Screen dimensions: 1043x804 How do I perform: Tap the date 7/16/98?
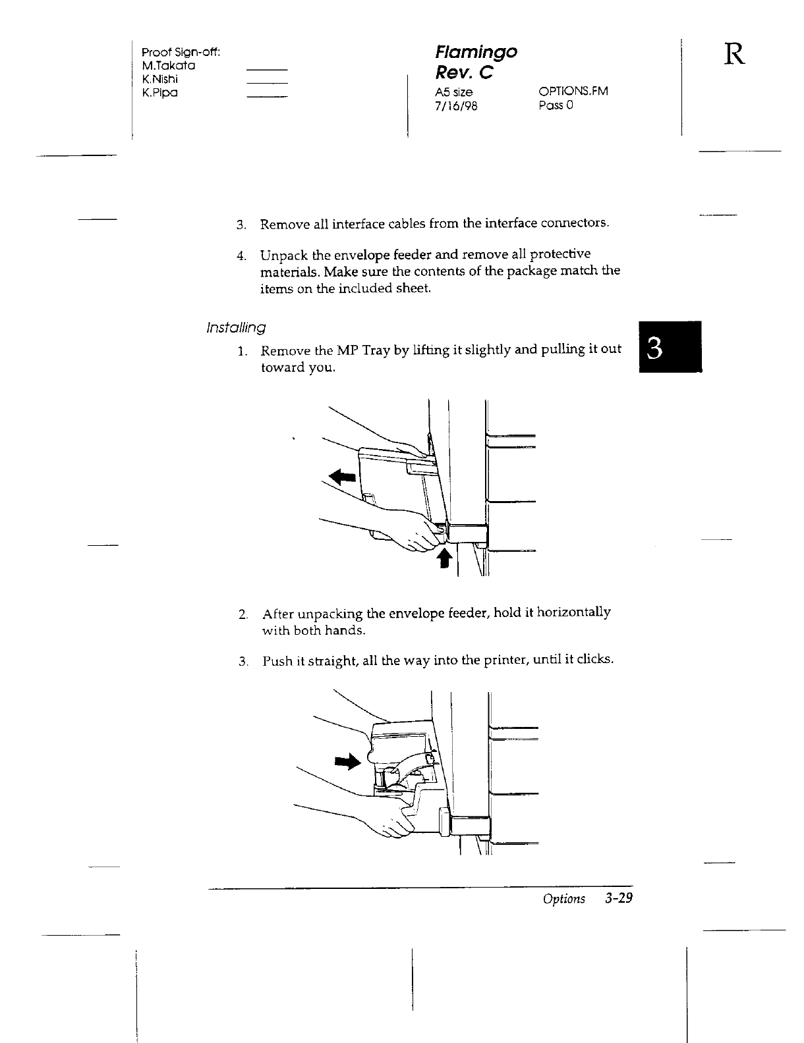click(450, 105)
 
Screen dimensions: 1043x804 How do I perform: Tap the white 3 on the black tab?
click(654, 348)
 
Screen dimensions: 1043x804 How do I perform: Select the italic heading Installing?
click(235, 327)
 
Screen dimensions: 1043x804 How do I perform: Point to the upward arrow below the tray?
click(445, 560)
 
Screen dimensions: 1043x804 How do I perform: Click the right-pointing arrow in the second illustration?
click(348, 762)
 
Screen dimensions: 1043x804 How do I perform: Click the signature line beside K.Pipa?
click(267, 97)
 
